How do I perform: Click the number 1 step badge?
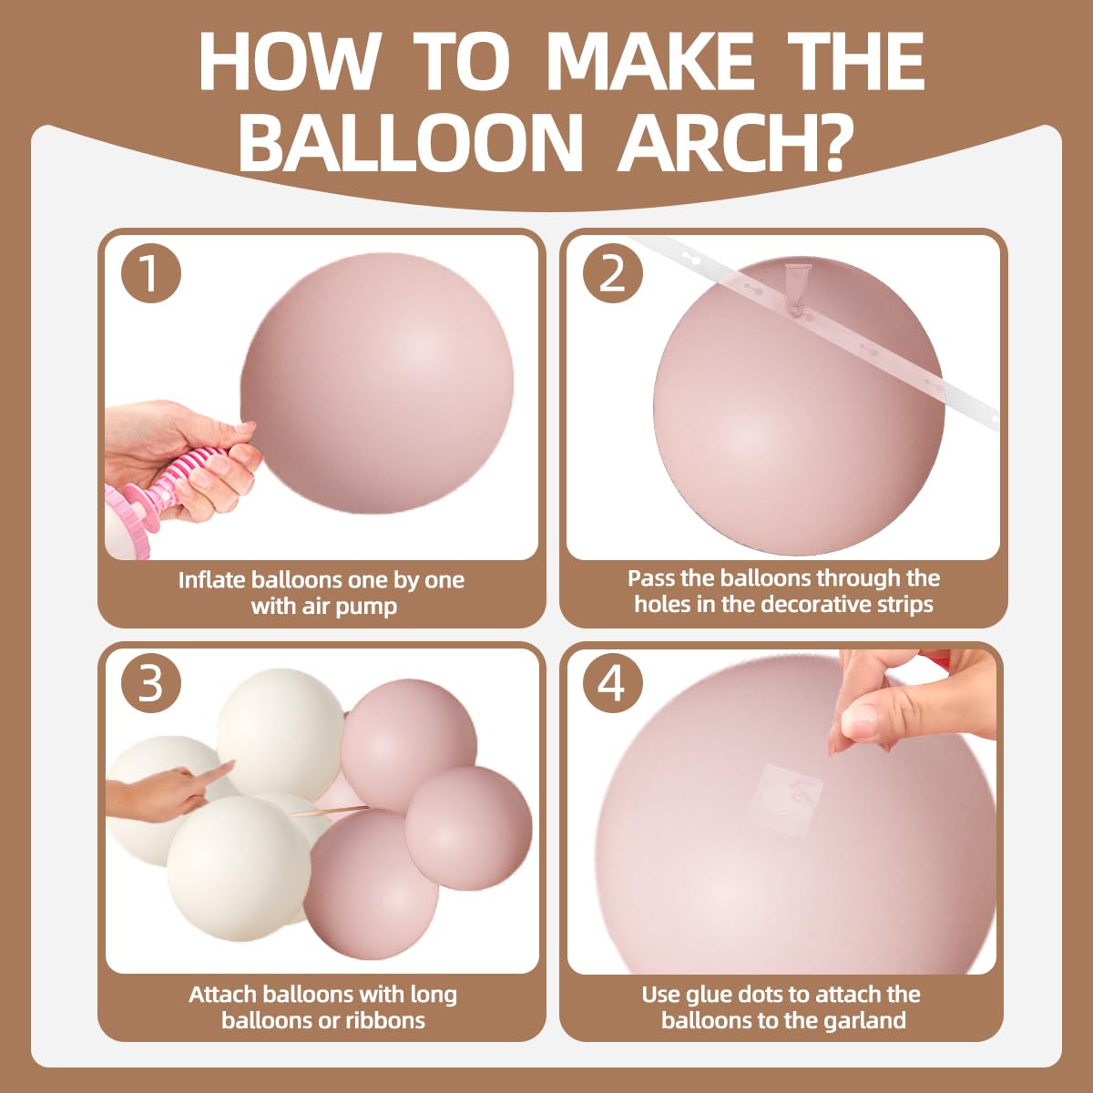click(x=151, y=273)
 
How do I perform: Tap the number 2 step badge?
click(x=613, y=273)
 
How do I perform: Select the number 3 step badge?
click(x=151, y=683)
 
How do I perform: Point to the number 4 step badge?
click(x=613, y=683)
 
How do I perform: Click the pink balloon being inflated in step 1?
click(x=377, y=383)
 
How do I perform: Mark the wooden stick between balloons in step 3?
click(x=329, y=812)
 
